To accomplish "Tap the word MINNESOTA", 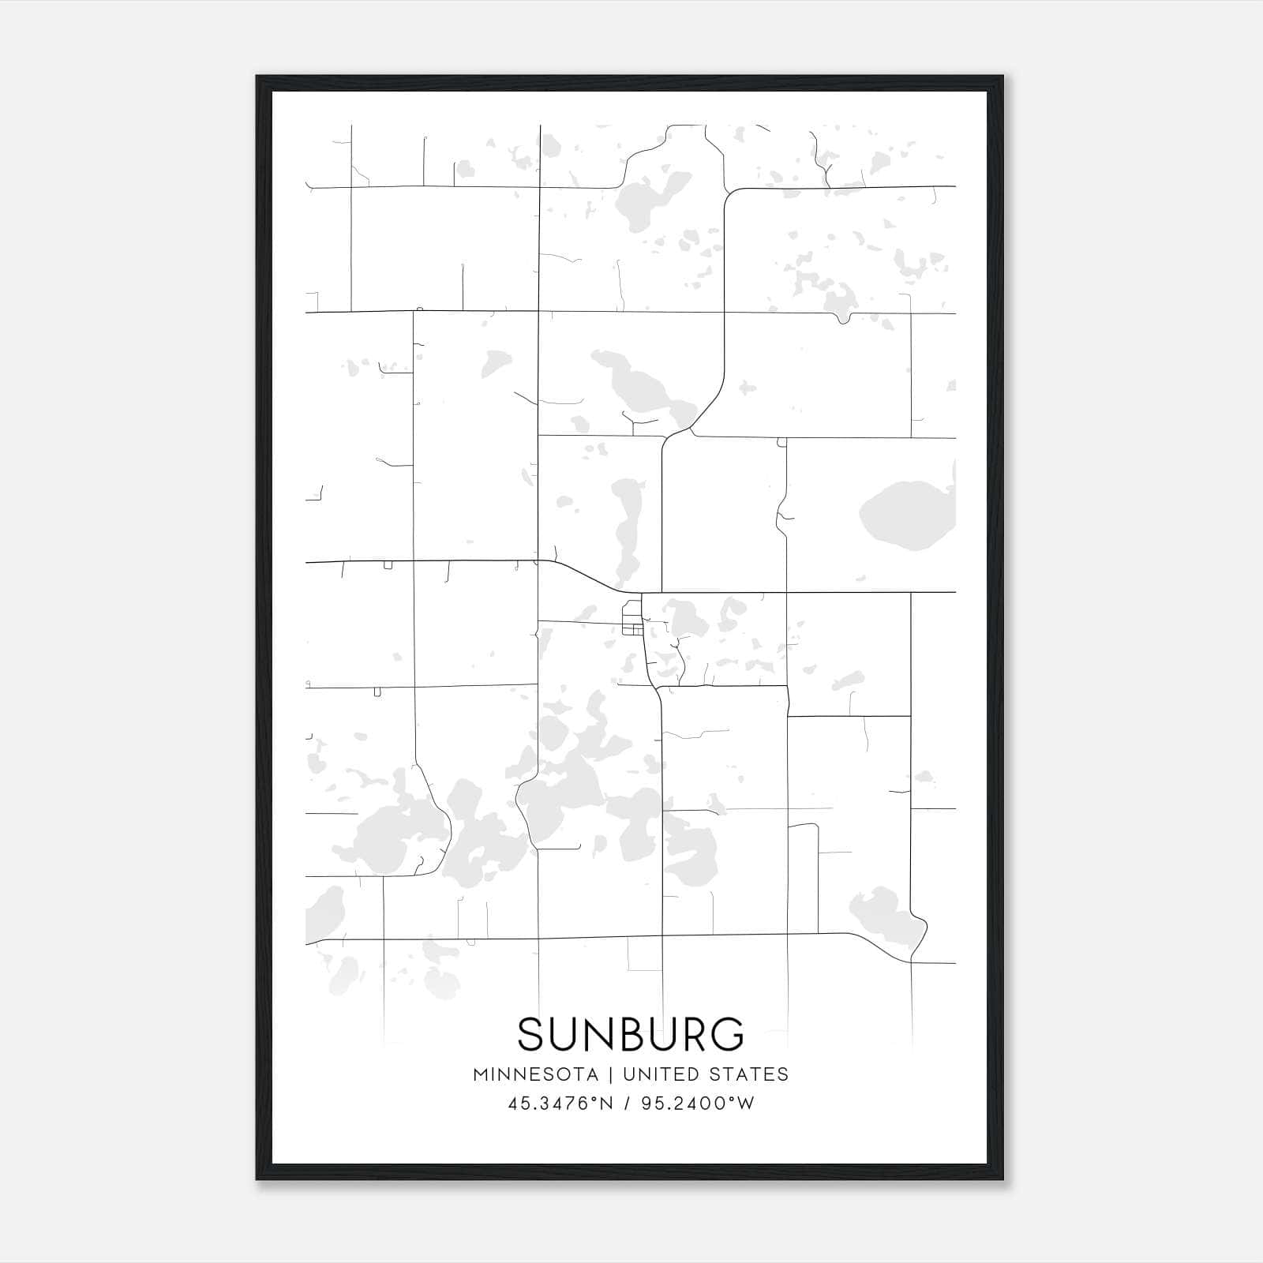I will click(x=534, y=1074).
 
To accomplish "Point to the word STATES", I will click(x=750, y=1074).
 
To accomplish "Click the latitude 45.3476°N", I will click(x=560, y=1104).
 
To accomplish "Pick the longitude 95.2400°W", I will click(x=698, y=1104).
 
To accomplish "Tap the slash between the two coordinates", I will click(x=626, y=1104).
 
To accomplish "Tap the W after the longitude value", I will click(x=746, y=1104).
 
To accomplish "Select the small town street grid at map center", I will click(x=632, y=618).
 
